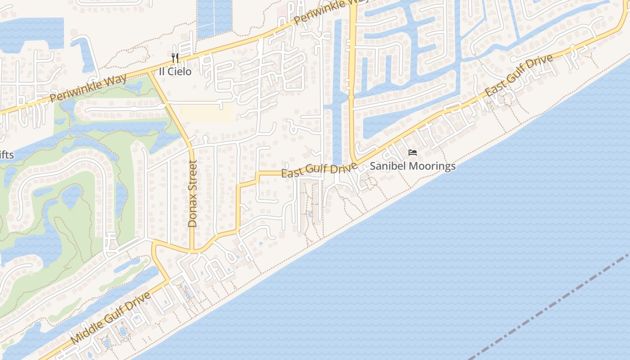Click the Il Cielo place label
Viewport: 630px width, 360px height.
[175, 72]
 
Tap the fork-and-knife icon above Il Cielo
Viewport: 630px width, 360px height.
[175, 58]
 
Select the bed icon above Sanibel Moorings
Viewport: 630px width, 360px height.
[413, 153]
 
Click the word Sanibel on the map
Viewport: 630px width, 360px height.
[386, 166]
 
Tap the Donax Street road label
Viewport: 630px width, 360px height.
[193, 193]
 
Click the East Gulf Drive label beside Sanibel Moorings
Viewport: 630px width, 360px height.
[319, 170]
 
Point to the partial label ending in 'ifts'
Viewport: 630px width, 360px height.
[6, 156]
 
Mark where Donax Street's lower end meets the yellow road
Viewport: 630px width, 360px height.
[193, 252]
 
